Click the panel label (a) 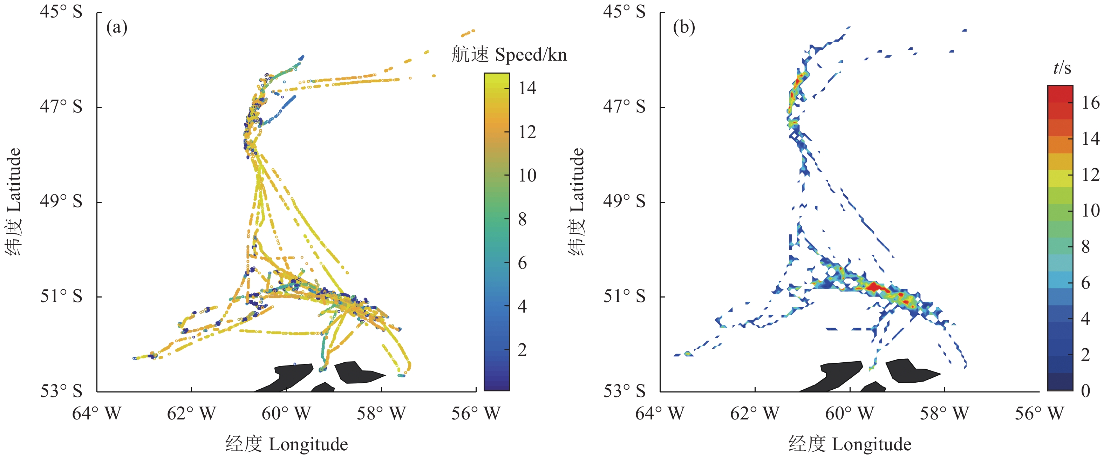click(117, 28)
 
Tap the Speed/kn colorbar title click(509, 55)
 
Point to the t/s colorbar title click(1062, 68)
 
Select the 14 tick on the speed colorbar click(527, 88)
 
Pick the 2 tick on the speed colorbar click(522, 350)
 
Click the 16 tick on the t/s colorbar click(1090, 103)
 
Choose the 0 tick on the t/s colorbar click(1085, 391)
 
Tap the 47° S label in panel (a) click(61, 106)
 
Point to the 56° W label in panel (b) click(1039, 414)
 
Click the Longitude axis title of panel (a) click(286, 444)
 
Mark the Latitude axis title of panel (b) click(577, 201)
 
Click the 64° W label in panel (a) click(96, 414)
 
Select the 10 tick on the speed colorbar click(527, 176)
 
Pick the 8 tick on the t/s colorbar click(1085, 247)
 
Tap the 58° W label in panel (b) click(944, 414)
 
